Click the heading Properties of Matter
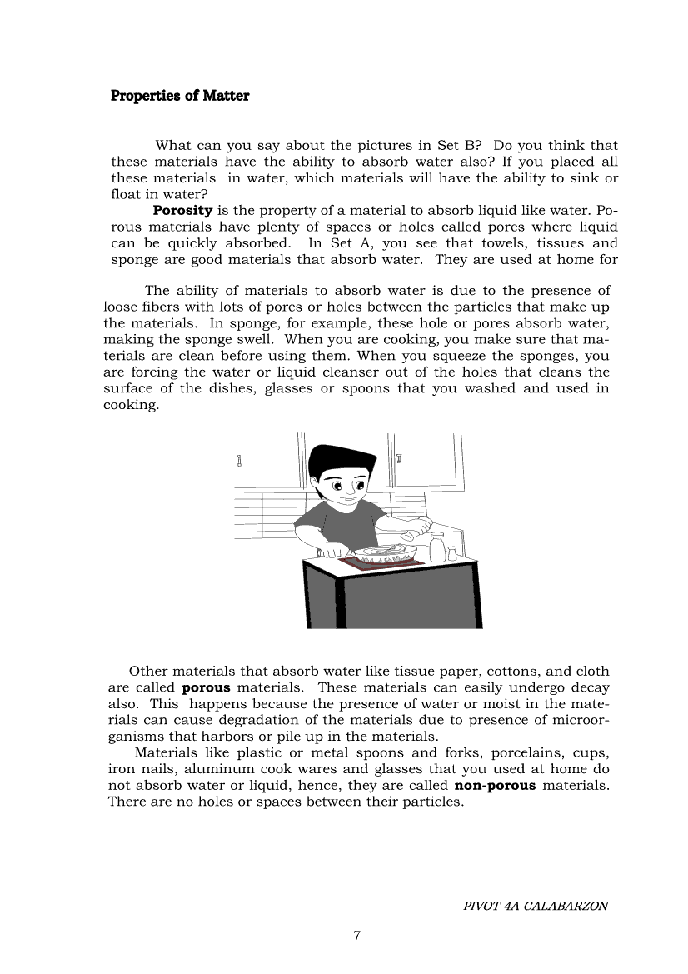coord(180,96)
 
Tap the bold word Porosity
coord(182,210)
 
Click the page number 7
coord(356,936)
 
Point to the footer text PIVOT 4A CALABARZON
coord(536,906)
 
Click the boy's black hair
coord(342,462)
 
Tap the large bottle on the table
coord(436,547)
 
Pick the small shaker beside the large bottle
coord(452,553)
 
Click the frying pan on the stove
coord(383,552)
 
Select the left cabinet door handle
coord(240,461)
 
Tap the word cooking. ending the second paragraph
coord(130,405)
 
